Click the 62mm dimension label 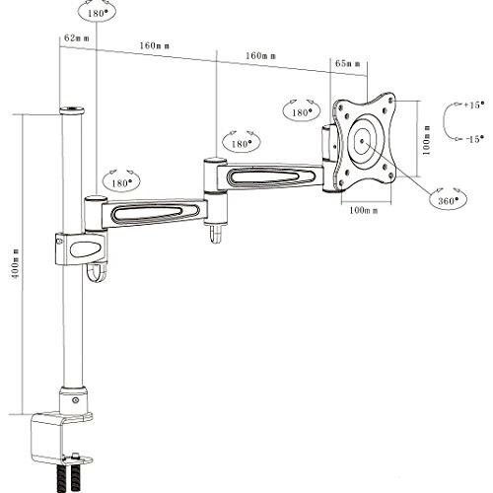click(x=77, y=38)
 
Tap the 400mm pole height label click(x=15, y=264)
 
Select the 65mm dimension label click(x=347, y=63)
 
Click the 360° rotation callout click(x=448, y=198)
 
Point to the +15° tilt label click(x=474, y=106)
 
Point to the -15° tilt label click(x=474, y=139)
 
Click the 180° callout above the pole click(x=97, y=12)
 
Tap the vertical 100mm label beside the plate click(x=426, y=140)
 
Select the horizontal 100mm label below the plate click(x=363, y=210)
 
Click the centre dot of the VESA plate click(x=362, y=141)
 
